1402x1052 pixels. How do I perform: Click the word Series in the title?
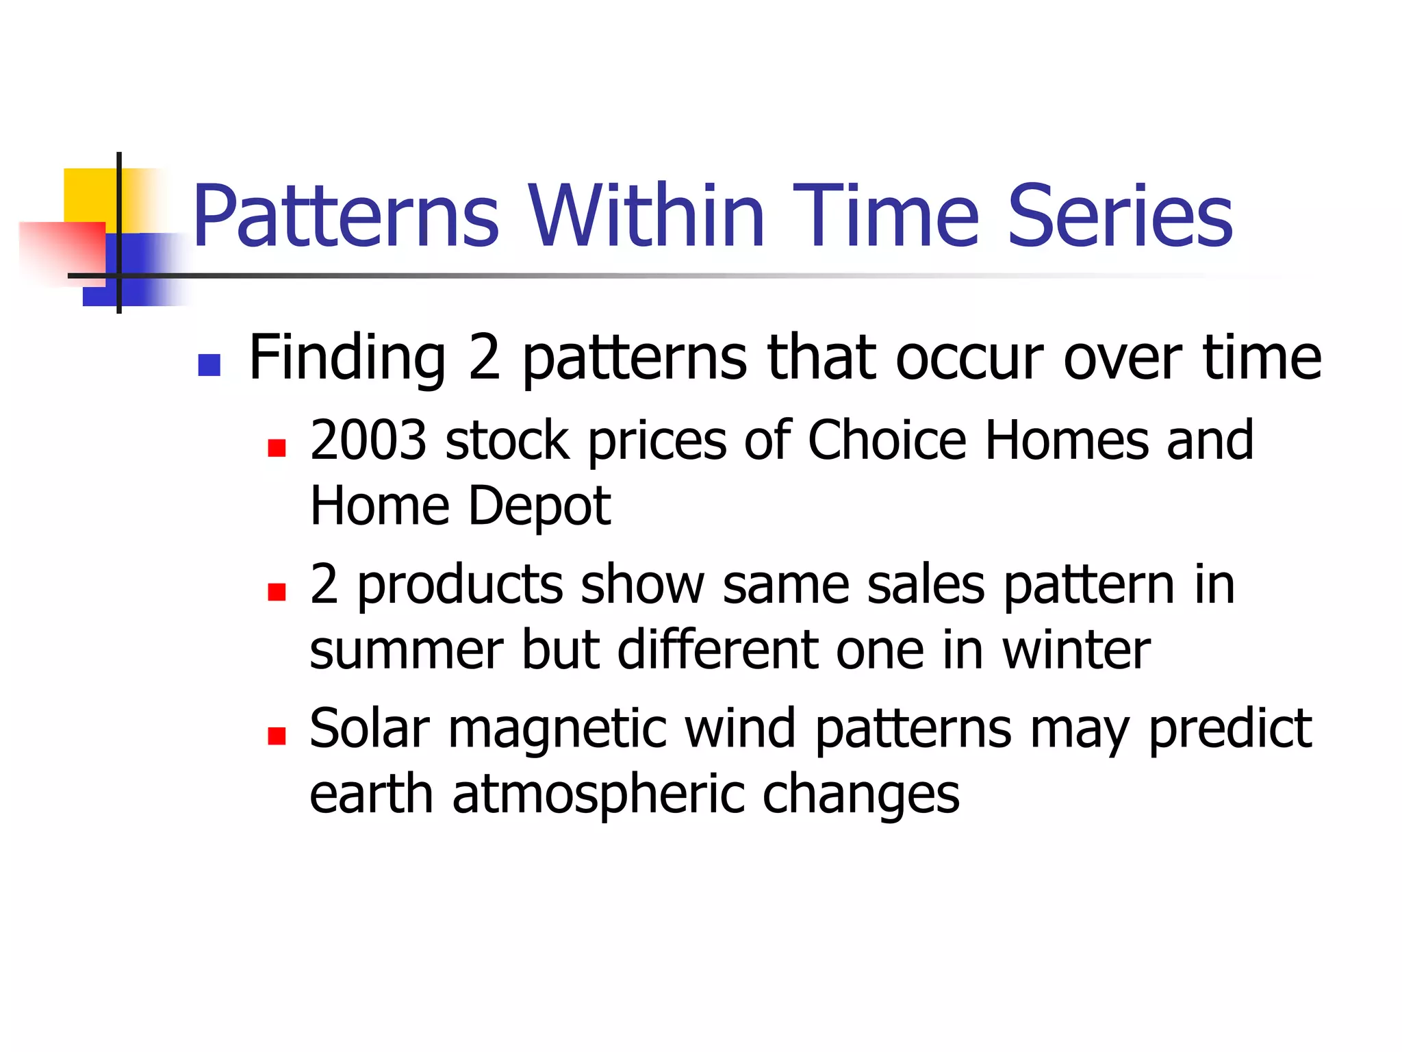click(x=1120, y=216)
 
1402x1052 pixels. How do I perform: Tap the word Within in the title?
click(x=646, y=216)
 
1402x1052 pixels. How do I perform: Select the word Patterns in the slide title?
click(x=346, y=216)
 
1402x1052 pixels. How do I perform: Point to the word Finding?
click(x=347, y=359)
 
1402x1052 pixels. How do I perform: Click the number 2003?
click(x=368, y=440)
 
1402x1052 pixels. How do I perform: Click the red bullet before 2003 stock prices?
click(x=277, y=448)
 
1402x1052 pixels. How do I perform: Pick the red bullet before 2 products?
click(x=277, y=592)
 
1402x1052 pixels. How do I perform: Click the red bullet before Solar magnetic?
click(x=277, y=736)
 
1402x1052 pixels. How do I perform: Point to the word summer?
click(x=406, y=651)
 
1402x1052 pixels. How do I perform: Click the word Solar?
click(x=370, y=729)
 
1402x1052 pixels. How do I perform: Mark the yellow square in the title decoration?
click(x=89, y=195)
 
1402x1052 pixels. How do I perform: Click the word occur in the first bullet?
click(x=969, y=359)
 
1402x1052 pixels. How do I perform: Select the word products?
click(x=460, y=586)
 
